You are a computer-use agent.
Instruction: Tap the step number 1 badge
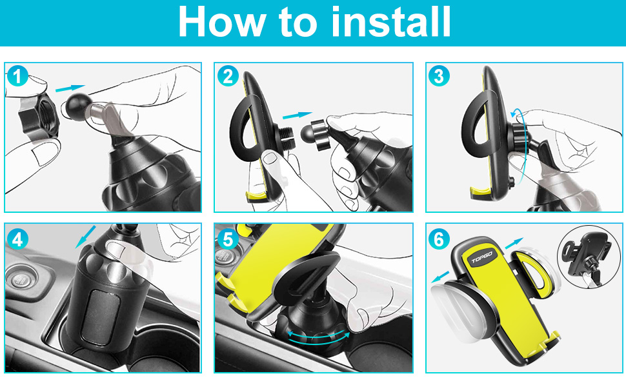(x=17, y=76)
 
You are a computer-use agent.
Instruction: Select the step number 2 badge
(x=228, y=76)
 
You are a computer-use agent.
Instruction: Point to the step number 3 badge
(x=439, y=76)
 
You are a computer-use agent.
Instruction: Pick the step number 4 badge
(x=17, y=239)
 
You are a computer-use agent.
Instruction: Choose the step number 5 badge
(x=228, y=239)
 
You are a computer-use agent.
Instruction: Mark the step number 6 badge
(x=439, y=239)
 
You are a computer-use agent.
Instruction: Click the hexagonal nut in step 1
(x=39, y=117)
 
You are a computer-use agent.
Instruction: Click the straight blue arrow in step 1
(x=70, y=88)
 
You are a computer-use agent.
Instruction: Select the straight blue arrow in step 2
(x=297, y=115)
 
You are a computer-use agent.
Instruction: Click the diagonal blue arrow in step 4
(x=85, y=237)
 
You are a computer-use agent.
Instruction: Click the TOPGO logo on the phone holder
(x=482, y=258)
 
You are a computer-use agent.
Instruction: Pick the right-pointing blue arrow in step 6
(x=514, y=243)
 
